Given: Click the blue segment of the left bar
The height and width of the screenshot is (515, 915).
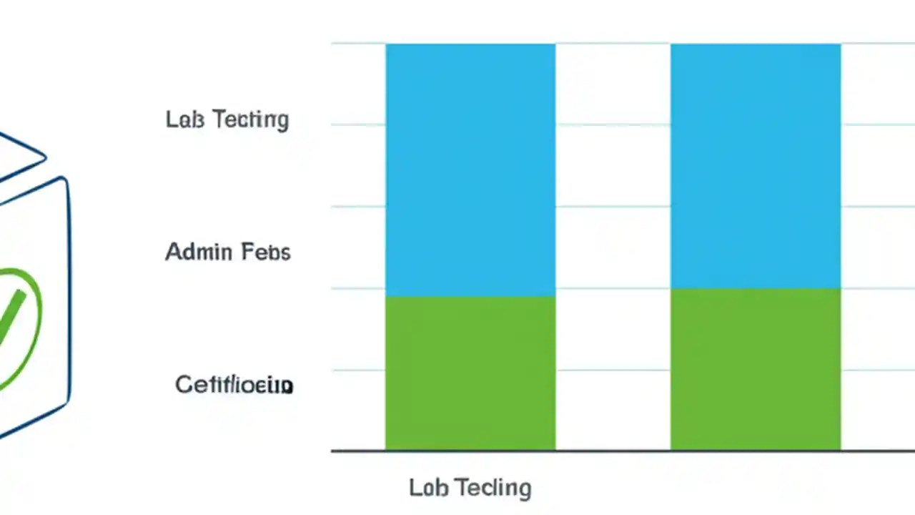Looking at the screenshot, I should click(470, 169).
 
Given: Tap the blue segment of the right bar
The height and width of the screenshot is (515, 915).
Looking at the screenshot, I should click(755, 166).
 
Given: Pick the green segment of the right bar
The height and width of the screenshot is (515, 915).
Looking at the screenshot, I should click(755, 369).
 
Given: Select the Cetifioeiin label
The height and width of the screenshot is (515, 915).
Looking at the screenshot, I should click(234, 385).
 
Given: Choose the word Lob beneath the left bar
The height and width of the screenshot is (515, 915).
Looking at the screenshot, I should click(427, 488).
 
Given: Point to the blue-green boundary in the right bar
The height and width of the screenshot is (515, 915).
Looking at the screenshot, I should click(755, 288).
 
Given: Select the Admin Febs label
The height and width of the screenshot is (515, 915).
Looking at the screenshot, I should click(227, 252).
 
